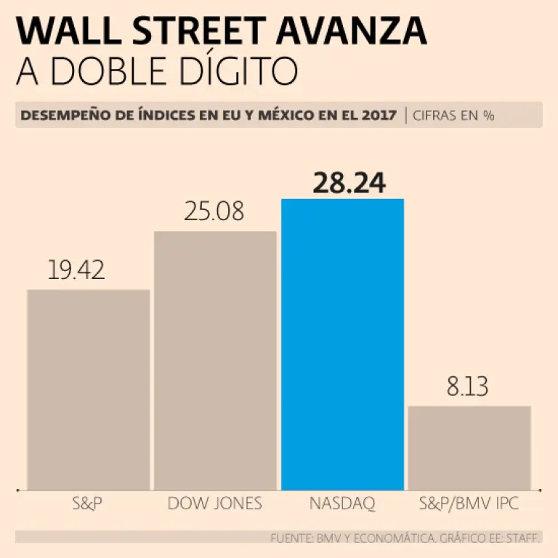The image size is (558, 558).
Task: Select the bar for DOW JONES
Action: point(215,360)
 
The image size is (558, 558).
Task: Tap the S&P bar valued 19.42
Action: point(89,389)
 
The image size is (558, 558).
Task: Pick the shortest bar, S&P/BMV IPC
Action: point(469,448)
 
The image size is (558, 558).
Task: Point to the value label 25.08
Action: point(214,212)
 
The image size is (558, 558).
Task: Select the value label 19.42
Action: point(76,270)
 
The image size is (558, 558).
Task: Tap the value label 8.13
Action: point(468,387)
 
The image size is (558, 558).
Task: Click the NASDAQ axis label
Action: point(342,503)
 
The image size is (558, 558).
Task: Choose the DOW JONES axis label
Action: point(214,503)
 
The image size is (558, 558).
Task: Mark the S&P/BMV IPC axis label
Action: point(469,503)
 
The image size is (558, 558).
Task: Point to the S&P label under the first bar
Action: point(87,503)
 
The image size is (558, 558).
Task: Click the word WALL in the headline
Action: point(61,31)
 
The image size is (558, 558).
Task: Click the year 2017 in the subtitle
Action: point(379,116)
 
